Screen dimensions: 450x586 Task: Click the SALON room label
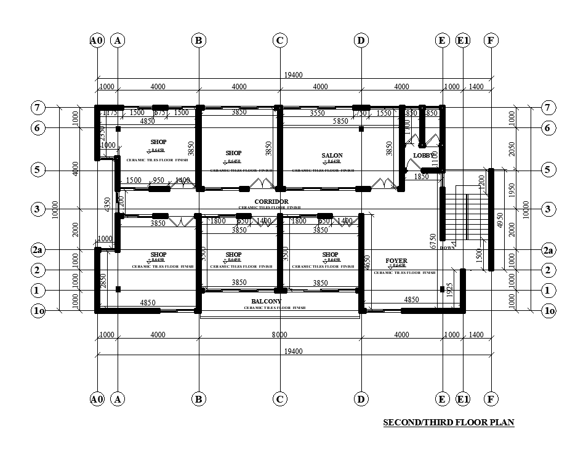coord(332,155)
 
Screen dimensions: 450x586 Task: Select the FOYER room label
coord(396,261)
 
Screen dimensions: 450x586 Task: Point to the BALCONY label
coord(267,302)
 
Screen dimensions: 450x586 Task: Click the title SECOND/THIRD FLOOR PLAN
coord(448,423)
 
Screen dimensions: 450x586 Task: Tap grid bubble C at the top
coord(279,41)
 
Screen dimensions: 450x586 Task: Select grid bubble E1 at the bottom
coord(463,400)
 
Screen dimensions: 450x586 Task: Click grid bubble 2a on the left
coord(38,250)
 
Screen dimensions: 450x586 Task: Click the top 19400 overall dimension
coord(293,75)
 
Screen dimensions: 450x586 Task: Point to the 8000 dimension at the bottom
coord(279,335)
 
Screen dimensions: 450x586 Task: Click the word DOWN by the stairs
coord(448,247)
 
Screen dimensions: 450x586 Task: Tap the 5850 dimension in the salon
coord(340,122)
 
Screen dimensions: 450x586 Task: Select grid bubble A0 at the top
coord(97,41)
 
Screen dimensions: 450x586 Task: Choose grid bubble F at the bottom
coord(491,400)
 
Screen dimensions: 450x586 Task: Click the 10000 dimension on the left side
coord(55,209)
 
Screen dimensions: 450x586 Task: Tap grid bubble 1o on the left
coord(38,311)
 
